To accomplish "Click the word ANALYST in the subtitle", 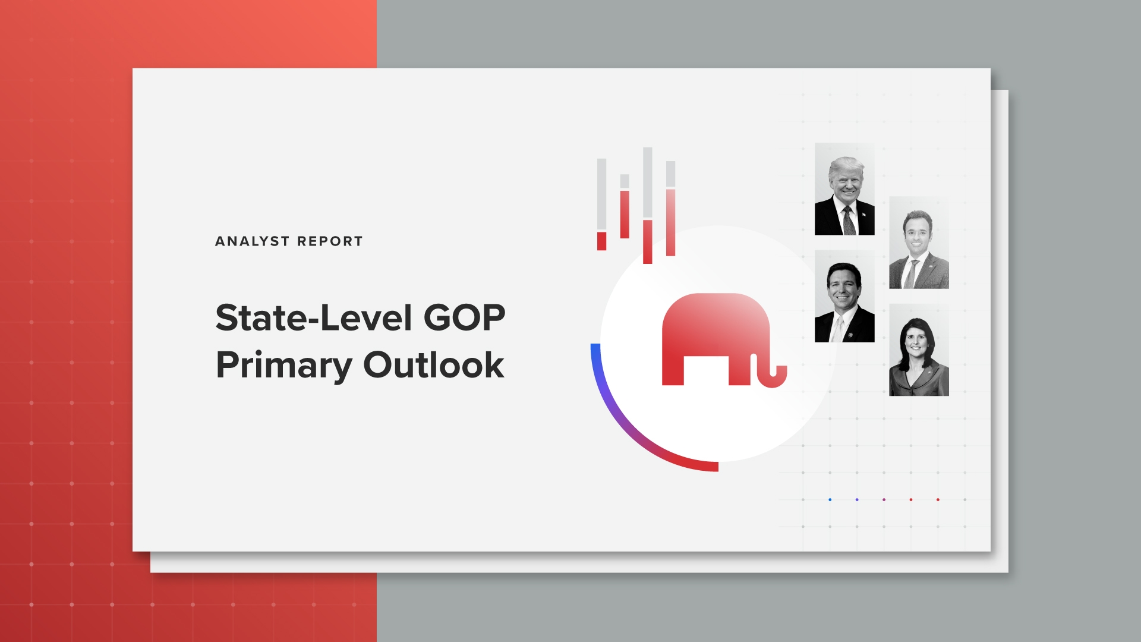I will click(x=252, y=241).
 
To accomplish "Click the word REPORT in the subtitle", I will click(x=330, y=241).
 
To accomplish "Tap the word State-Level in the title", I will click(x=314, y=318).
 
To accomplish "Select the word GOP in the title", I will click(x=464, y=318).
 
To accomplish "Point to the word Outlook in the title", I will click(x=433, y=365).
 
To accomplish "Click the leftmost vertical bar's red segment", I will click(x=601, y=241).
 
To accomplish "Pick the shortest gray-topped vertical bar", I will click(x=625, y=205).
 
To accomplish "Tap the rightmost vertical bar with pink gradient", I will click(x=670, y=220).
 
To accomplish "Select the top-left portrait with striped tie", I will click(x=844, y=189).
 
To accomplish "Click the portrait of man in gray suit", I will click(x=919, y=243).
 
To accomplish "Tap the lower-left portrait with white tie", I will click(x=844, y=296).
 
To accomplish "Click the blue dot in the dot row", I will click(x=830, y=499).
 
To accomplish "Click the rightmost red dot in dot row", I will click(x=938, y=499).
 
